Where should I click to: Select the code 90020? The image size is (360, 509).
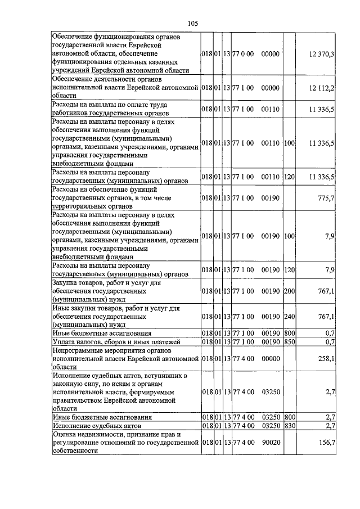point(271,443)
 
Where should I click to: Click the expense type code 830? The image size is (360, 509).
point(289,426)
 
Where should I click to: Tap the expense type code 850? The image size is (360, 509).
point(289,341)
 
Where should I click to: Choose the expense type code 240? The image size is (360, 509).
point(289,316)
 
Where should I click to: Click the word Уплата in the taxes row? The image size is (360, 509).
point(63,341)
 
